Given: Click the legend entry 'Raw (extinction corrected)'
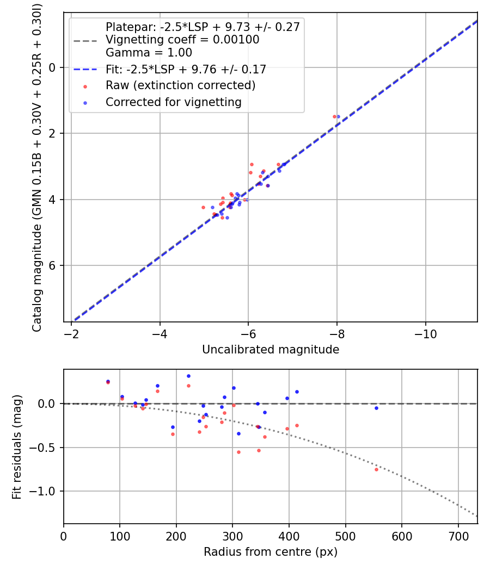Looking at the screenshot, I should pos(180,85).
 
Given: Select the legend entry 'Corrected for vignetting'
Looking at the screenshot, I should pos(174,102).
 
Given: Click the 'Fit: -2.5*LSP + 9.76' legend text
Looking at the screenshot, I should pos(186,70).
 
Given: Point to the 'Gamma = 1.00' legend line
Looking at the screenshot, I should pos(149,53).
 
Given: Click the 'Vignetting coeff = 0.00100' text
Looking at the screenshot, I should pos(182,40).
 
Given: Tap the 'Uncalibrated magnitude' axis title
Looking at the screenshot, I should pos(271,350).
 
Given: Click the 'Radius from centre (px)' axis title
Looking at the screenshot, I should pos(271,552).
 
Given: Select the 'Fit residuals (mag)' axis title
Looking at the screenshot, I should pos(17,446).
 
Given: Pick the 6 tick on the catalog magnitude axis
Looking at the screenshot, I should pos(53,265).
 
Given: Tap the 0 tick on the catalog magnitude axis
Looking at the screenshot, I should pos(53,67).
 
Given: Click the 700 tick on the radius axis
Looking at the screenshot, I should pos(458,535).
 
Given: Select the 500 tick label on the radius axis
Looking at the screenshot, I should pos(345,535).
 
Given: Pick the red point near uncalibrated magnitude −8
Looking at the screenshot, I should pos(334,116).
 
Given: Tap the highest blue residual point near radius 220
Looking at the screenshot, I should pos(188,376).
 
